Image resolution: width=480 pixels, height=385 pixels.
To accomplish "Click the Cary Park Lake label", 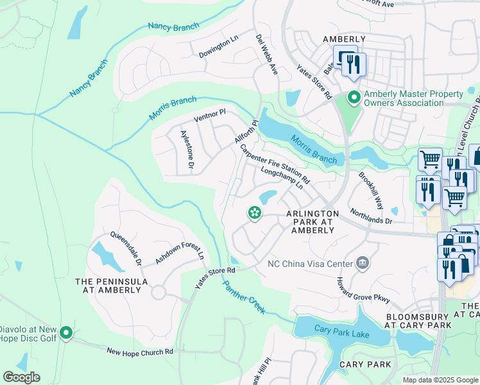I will [341, 329].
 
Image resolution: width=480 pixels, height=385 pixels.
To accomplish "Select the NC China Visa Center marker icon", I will [363, 263].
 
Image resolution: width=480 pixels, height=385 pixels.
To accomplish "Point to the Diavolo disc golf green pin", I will [66, 333].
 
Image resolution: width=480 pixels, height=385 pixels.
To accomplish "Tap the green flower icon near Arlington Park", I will [255, 213].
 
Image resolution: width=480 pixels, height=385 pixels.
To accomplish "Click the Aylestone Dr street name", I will [187, 150].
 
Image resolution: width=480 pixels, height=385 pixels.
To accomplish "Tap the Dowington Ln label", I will [218, 47].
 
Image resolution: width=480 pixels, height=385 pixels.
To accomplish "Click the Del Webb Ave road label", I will [267, 55].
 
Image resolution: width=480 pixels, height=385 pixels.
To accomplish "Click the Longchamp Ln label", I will [282, 179].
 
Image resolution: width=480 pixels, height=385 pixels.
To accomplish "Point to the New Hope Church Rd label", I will [140, 351].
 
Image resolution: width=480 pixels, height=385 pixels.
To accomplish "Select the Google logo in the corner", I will [21, 377].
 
